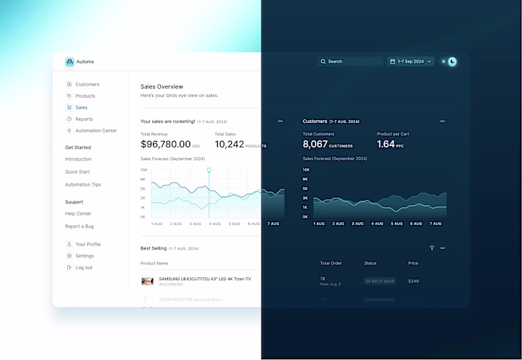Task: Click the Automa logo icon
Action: point(69,62)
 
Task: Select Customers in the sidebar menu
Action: point(87,84)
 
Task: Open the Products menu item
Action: point(85,96)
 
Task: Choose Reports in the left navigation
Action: point(84,119)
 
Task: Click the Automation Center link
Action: point(95,130)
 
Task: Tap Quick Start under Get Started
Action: point(78,171)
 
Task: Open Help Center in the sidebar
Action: point(78,214)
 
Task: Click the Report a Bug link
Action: point(80,227)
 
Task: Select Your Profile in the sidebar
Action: point(87,244)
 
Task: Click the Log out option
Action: point(84,268)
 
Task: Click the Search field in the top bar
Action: point(348,62)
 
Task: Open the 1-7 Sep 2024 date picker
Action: point(411,62)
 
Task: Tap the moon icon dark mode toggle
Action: point(452,62)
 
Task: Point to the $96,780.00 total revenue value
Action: point(165,145)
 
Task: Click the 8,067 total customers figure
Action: point(315,145)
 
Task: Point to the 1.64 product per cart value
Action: point(386,145)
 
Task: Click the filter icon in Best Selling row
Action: point(432,248)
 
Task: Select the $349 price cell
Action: point(413,281)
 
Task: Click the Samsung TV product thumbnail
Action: point(148,281)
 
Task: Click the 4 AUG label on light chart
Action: point(215,224)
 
